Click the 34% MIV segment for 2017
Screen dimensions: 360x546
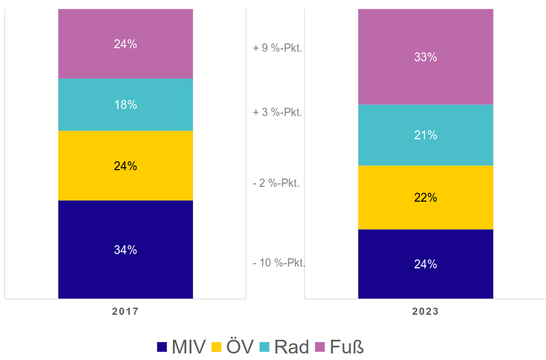126,249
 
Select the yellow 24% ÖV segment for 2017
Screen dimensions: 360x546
126,165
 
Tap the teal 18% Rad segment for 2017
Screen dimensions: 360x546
126,104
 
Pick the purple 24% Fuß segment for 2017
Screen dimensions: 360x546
126,43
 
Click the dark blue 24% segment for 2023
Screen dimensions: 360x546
425,264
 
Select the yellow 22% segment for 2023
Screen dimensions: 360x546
425,197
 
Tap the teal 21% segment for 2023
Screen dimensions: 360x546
425,135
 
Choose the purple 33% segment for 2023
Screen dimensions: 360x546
425,57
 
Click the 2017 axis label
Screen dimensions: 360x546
125,311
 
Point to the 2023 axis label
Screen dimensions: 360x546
425,311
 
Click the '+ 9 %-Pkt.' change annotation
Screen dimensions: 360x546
277,48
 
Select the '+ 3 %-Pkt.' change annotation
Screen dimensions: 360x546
277,112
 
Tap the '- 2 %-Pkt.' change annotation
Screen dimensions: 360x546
276,183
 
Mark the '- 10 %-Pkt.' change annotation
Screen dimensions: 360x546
279,262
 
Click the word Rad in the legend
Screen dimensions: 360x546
291,346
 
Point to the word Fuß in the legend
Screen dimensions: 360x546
347,346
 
